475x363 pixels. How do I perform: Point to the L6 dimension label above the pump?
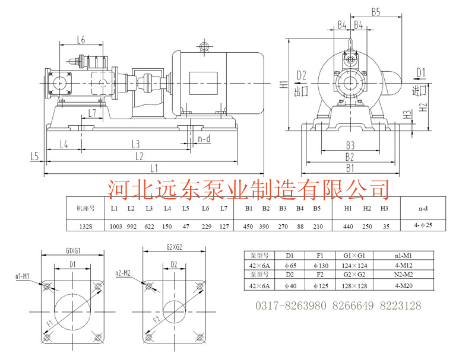[81, 40]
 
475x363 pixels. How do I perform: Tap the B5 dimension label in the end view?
[376, 12]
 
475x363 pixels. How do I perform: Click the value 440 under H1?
[348, 225]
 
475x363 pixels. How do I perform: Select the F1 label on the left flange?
[50, 324]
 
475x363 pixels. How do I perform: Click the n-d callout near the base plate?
[204, 139]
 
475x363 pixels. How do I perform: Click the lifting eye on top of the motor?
[204, 46]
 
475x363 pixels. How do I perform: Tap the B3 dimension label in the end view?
[350, 145]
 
